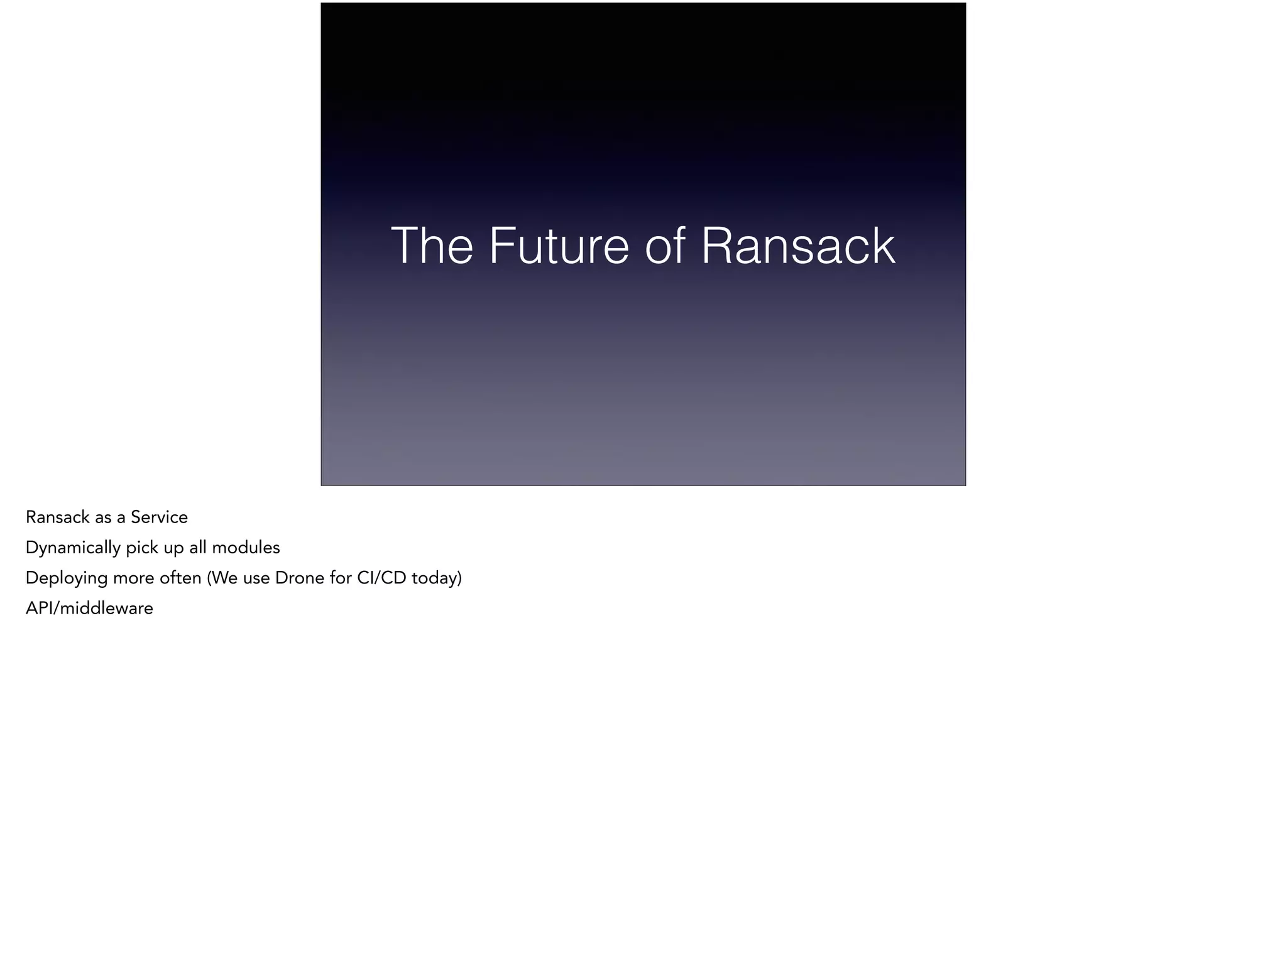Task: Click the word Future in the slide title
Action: point(559,246)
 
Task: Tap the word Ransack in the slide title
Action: point(797,246)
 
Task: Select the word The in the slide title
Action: point(432,246)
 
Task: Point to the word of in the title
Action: point(665,246)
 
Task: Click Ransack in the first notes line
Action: point(57,517)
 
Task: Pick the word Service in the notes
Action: point(159,517)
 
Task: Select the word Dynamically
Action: point(73,548)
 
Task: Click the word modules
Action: point(246,548)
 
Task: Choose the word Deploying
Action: point(67,578)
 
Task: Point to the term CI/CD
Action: point(381,578)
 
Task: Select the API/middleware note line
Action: point(89,609)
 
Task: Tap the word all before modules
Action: point(198,548)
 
